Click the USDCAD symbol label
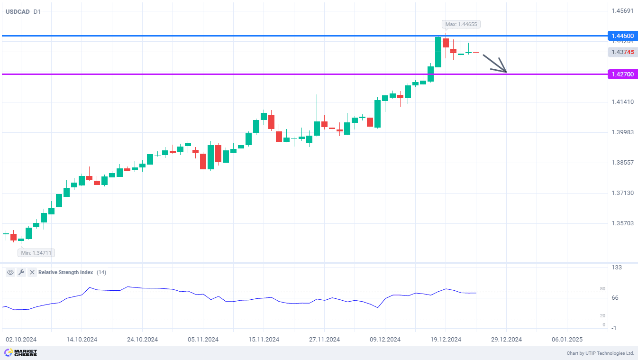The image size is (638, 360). point(17,11)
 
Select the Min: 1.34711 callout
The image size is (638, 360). point(36,253)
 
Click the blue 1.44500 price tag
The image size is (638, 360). point(622,36)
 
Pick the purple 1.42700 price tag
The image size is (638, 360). point(622,74)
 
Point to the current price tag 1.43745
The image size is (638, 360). point(622,52)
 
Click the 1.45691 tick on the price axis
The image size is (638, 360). point(622,10)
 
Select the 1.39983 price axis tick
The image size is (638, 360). point(622,132)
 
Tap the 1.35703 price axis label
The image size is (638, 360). point(622,223)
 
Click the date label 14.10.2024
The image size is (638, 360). point(82,339)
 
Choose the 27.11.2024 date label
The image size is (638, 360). point(324,339)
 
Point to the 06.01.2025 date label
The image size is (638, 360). point(567,339)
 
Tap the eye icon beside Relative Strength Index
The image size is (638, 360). point(10,272)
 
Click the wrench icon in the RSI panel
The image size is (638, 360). point(21,272)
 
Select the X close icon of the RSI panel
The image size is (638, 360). point(32,272)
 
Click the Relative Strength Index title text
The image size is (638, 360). point(65,272)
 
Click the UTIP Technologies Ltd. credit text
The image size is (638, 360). point(600,353)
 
